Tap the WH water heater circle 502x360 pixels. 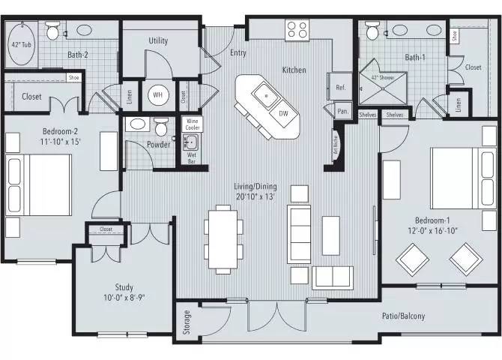click(157, 95)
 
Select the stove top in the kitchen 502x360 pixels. click(297, 31)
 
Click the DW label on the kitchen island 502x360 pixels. click(283, 113)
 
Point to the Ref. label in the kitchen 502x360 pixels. click(340, 88)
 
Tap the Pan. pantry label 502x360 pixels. click(342, 111)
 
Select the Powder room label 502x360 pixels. click(158, 145)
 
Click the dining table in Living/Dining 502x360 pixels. click(223, 239)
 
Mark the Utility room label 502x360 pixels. click(158, 40)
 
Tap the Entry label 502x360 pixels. click(238, 53)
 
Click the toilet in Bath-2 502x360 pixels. click(52, 32)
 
